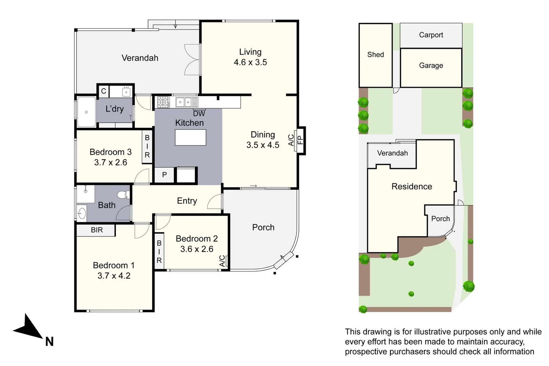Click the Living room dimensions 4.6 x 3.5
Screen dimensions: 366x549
click(250, 62)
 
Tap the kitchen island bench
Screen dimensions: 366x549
click(190, 138)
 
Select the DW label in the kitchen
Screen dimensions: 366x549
click(199, 114)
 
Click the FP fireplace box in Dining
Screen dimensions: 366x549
click(300, 140)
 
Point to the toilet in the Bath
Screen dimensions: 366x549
click(123, 195)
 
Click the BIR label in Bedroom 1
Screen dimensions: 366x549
click(97, 230)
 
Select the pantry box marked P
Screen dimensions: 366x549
click(164, 175)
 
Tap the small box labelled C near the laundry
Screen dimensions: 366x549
click(103, 91)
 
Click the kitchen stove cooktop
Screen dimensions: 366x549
click(163, 102)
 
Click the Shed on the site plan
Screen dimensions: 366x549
click(375, 55)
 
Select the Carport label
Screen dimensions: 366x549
click(431, 35)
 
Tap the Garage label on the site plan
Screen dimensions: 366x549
click(431, 65)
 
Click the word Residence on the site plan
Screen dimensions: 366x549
click(411, 186)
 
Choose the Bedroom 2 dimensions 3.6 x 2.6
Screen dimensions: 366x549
click(197, 249)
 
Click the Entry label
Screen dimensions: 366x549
click(187, 201)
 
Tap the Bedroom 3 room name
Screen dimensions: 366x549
click(110, 152)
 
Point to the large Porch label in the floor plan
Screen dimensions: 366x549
click(263, 227)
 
